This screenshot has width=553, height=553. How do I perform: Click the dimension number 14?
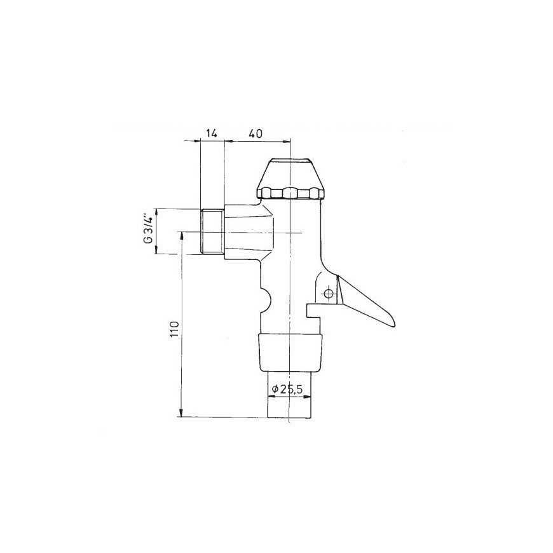coord(211,133)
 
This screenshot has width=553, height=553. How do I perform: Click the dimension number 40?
coord(256,133)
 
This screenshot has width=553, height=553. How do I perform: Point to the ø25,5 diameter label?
coord(288,390)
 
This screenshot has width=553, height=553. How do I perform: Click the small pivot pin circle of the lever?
coord(329,294)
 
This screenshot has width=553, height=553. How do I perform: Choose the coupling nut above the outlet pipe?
coord(290,352)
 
